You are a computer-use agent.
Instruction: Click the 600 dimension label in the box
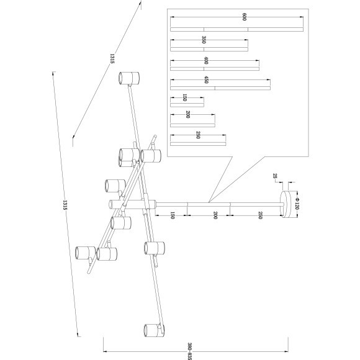(245, 17)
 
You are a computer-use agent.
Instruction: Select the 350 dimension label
(204, 40)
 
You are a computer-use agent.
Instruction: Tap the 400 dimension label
(206, 60)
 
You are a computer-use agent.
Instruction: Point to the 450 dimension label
(206, 79)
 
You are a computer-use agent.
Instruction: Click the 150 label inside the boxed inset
(184, 97)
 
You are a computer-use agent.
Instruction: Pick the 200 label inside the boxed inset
(188, 114)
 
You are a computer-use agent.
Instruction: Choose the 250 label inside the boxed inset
(198, 135)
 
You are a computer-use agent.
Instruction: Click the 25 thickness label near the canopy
(275, 176)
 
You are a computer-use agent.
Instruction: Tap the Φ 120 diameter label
(297, 204)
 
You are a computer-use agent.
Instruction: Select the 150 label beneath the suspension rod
(173, 215)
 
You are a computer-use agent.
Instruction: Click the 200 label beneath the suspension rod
(215, 215)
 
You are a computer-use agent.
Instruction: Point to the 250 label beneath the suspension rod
(260, 215)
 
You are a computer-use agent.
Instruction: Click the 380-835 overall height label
(190, 351)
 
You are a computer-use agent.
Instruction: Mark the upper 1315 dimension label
(112, 58)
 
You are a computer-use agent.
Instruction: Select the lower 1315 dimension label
(65, 205)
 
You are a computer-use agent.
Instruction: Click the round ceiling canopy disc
(286, 204)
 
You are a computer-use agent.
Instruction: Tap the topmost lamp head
(129, 78)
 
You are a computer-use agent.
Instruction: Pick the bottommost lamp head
(154, 330)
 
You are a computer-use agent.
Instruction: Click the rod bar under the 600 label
(236, 29)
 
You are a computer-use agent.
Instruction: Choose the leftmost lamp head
(86, 253)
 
